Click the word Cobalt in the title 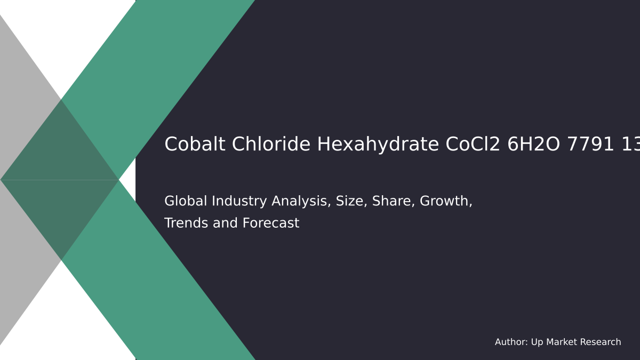[191, 145]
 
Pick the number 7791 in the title [593, 145]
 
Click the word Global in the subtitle [185, 202]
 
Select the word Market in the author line [561, 342]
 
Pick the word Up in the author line [537, 342]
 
